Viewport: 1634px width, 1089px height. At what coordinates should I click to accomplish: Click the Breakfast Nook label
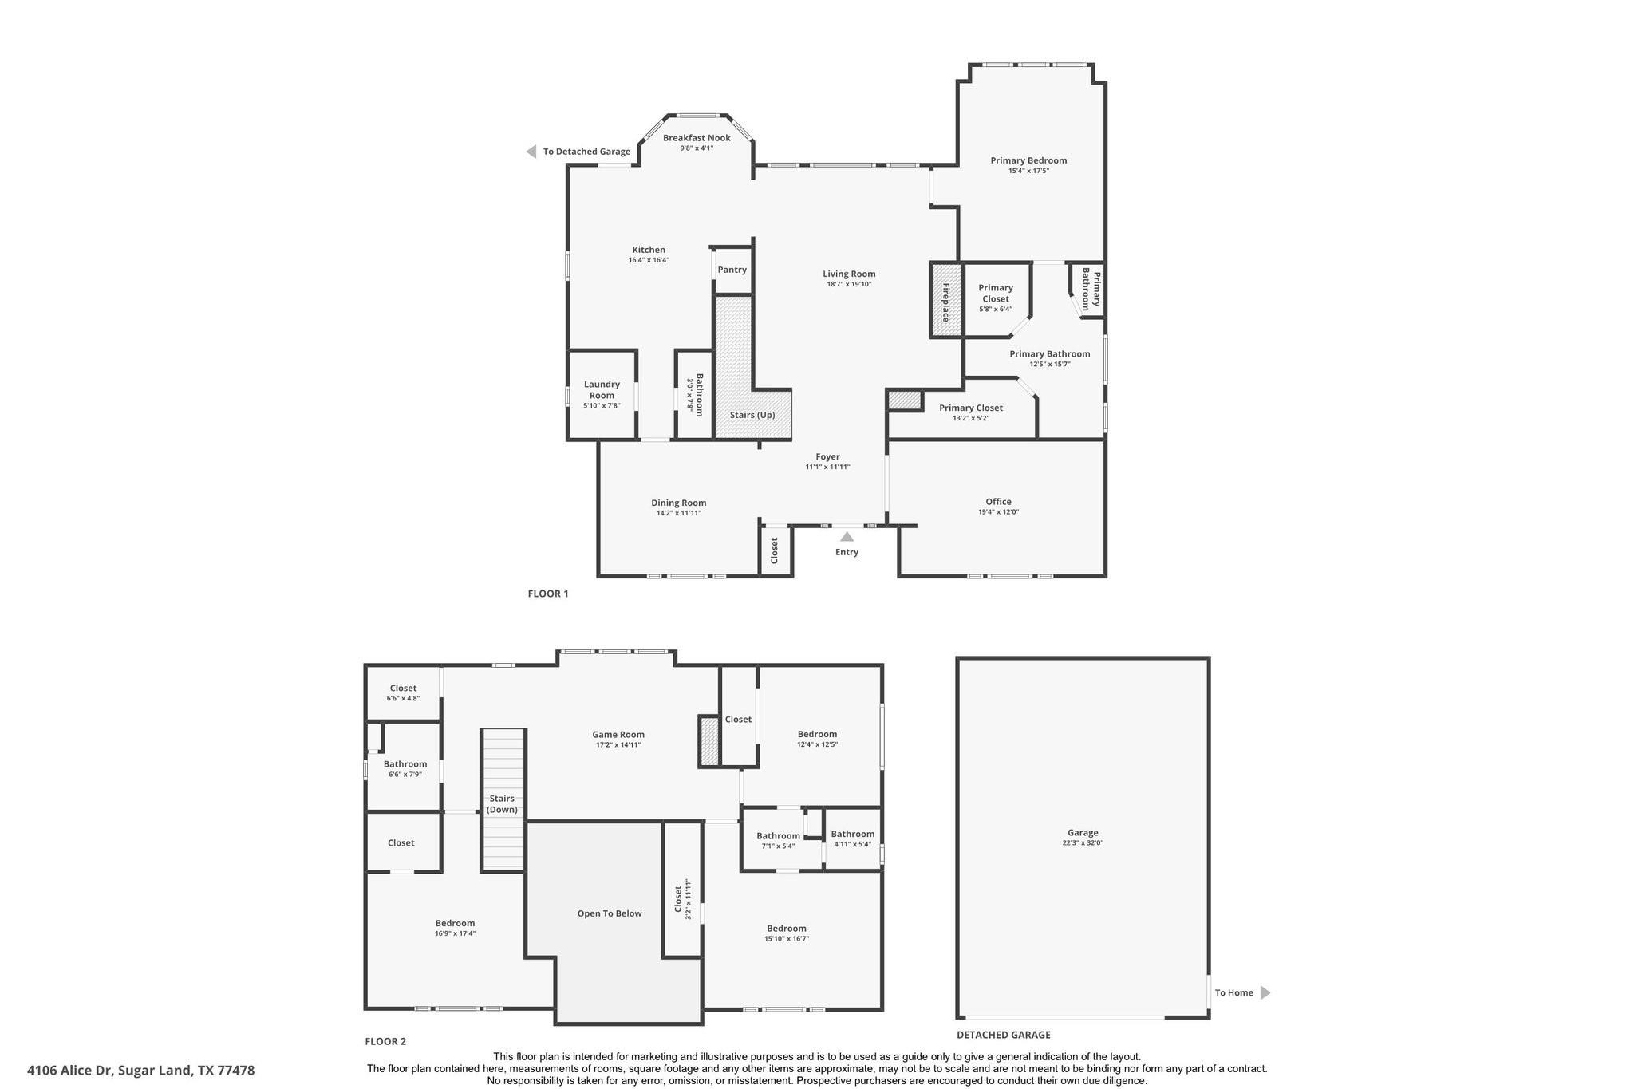tap(697, 138)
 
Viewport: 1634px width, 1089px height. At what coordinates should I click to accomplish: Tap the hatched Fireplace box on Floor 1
tap(946, 300)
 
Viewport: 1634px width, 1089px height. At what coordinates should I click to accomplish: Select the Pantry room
tap(732, 270)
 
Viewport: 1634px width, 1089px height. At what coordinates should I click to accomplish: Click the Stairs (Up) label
tap(752, 415)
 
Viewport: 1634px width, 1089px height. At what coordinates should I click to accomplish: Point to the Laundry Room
tap(602, 394)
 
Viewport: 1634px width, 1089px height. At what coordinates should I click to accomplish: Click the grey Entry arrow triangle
tap(847, 537)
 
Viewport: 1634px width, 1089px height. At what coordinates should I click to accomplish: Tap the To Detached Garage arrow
tap(531, 152)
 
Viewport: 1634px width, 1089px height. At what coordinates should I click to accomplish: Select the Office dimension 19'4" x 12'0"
tap(998, 512)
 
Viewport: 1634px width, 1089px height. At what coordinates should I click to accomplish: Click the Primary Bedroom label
tap(1028, 160)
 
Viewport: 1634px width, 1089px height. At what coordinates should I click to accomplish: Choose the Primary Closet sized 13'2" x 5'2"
tap(970, 412)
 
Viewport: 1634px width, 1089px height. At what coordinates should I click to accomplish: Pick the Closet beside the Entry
tap(775, 550)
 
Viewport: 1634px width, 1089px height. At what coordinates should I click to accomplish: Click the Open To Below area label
tap(610, 913)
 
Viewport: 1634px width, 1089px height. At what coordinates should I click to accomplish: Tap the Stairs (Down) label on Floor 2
tap(502, 803)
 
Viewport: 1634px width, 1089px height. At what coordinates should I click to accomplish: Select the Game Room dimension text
tap(618, 745)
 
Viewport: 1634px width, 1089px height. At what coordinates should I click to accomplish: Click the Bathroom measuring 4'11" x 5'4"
tap(852, 838)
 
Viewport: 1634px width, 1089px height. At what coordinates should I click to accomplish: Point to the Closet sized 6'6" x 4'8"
tap(403, 692)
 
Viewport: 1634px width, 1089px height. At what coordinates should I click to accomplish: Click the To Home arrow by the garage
tap(1265, 992)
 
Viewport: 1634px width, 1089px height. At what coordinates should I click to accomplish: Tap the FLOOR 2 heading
tap(385, 1041)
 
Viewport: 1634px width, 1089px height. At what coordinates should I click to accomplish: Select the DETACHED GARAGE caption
tap(1003, 1035)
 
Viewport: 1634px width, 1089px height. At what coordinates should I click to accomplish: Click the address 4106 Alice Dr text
tap(141, 1070)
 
